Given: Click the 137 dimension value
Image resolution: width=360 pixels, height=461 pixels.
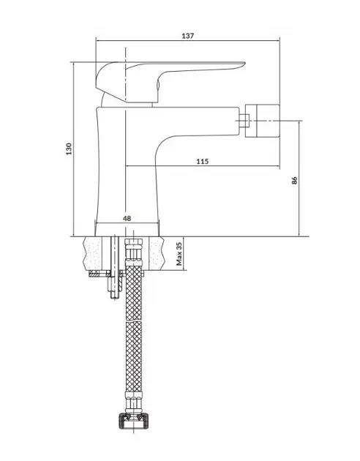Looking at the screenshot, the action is click(x=188, y=36).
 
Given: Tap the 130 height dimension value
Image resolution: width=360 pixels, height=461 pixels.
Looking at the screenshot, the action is click(x=69, y=149).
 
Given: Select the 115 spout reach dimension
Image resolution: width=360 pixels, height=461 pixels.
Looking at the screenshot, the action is click(x=203, y=161).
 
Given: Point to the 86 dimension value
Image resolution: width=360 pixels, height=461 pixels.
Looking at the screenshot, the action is click(x=295, y=180).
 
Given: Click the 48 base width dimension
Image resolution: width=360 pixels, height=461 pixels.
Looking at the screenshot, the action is click(x=127, y=219).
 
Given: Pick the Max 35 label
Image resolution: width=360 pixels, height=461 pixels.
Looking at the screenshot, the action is click(x=179, y=254).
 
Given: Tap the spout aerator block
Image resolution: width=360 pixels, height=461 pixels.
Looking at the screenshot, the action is click(x=262, y=120).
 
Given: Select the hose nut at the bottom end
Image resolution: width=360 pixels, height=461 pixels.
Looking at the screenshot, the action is click(x=133, y=421).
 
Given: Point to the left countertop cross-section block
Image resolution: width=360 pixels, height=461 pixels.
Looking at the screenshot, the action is click(x=93, y=253).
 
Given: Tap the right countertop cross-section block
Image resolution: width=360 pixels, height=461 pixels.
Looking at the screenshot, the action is click(x=157, y=253).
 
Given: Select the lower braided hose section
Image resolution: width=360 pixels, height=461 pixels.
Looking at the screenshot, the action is click(x=134, y=356).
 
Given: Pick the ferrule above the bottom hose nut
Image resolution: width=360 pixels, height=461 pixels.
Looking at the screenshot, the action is click(x=134, y=402).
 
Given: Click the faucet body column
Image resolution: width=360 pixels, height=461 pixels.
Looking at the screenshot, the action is click(x=127, y=170).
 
